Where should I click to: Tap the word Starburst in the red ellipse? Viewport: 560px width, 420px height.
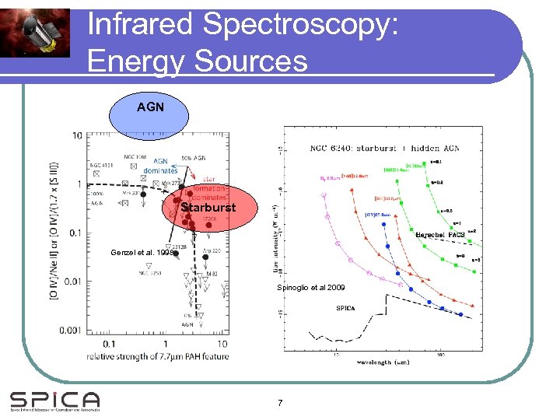coord(208,208)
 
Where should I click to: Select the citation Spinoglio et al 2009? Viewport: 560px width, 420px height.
coord(311,288)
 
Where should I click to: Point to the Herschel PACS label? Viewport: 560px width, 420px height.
coord(440,234)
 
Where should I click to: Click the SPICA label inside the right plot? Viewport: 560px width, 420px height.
coord(347,308)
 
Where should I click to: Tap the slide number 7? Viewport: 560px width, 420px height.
coord(280,403)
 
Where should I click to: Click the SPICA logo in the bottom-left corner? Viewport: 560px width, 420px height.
coord(54,401)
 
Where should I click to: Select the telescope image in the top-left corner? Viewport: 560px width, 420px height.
coord(35,30)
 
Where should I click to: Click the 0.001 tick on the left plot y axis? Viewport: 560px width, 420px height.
coord(70,331)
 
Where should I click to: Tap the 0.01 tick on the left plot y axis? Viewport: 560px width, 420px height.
coord(72,282)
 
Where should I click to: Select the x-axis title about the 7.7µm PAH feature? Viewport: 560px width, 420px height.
coord(159,357)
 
